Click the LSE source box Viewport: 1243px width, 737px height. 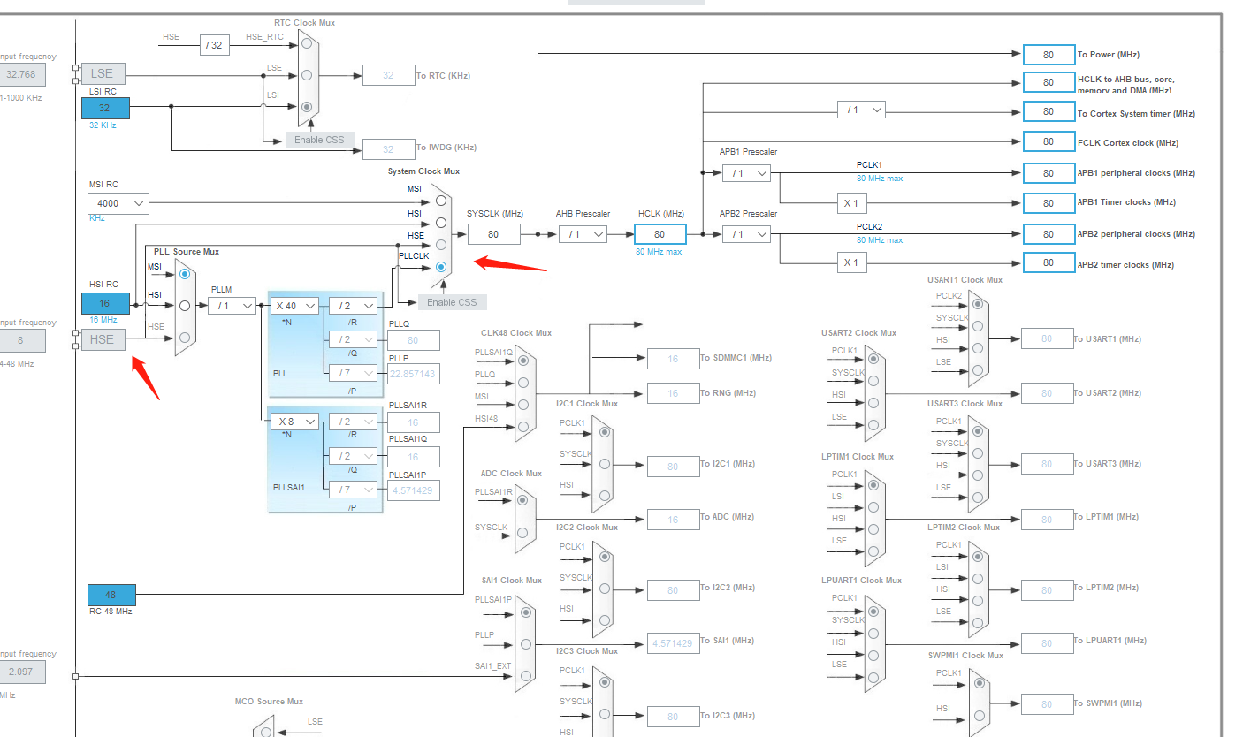[x=102, y=74]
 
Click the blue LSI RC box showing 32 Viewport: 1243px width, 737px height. [x=105, y=108]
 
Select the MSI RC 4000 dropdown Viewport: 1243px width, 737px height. [x=118, y=204]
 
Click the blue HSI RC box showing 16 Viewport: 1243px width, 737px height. [x=105, y=303]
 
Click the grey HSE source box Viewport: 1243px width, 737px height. [x=102, y=339]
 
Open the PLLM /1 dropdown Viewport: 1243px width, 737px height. [x=233, y=306]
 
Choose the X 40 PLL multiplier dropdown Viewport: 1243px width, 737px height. [x=294, y=306]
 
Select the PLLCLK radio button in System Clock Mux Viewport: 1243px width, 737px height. [x=441, y=266]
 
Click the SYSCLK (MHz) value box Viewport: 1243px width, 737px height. [x=493, y=234]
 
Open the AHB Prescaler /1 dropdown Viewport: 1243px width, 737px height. [x=583, y=234]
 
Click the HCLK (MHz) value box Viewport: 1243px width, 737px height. [x=660, y=234]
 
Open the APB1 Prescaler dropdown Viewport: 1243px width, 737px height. [x=746, y=173]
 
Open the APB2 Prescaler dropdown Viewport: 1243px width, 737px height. [x=746, y=234]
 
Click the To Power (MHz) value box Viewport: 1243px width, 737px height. [x=1048, y=55]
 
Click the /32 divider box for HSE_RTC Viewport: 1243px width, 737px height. [x=215, y=45]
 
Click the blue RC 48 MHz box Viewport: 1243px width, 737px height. [x=111, y=595]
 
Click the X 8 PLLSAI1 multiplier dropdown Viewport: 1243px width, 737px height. [x=294, y=422]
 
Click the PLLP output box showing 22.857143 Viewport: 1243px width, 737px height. [x=413, y=374]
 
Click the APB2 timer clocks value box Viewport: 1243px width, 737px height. [x=1048, y=262]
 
